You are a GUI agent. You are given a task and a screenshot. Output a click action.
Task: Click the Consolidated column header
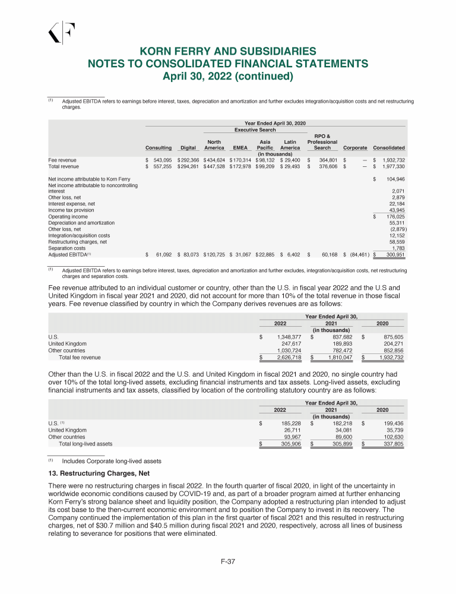[x=389, y=148]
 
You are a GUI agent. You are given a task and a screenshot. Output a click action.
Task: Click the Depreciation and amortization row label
[x=77, y=222]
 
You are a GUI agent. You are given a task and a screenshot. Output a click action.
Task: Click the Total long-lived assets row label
[x=85, y=443]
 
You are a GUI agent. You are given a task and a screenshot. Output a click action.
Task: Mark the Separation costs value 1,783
[x=398, y=248]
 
